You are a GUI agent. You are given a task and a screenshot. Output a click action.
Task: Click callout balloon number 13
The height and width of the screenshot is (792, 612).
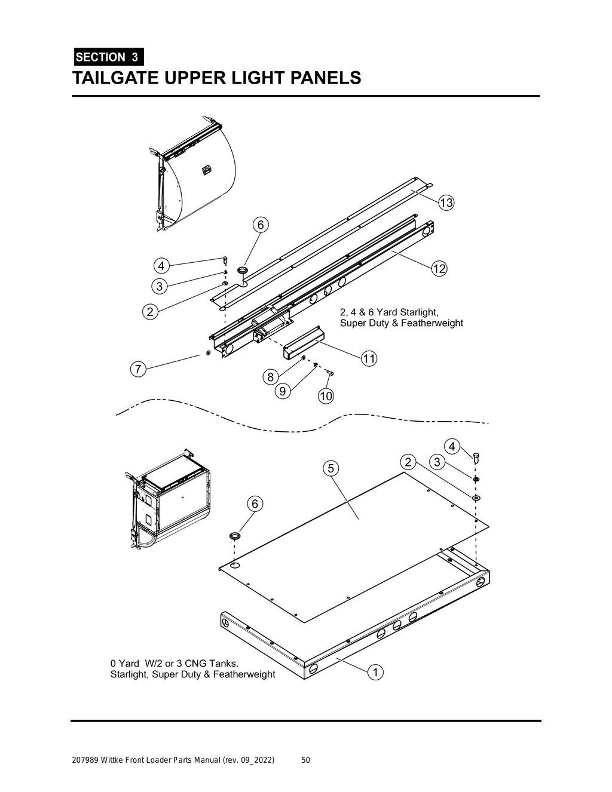tap(446, 203)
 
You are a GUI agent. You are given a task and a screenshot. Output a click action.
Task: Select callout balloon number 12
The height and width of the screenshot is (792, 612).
tap(439, 269)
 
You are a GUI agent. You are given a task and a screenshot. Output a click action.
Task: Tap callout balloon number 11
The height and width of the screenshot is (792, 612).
tap(369, 359)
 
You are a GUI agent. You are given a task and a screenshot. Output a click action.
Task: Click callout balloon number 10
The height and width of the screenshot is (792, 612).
tap(326, 395)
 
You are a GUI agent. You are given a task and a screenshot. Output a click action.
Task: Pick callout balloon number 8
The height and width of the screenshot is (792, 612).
tap(270, 377)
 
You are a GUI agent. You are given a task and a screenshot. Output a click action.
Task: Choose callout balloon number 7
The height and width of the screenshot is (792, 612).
tap(137, 370)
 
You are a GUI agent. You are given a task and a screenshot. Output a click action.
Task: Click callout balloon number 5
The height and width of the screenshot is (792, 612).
tap(331, 468)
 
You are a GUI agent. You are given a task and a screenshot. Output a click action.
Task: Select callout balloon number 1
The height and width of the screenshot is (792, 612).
tap(375, 672)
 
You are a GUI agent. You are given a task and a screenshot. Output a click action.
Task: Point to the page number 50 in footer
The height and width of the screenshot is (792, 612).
tap(305, 760)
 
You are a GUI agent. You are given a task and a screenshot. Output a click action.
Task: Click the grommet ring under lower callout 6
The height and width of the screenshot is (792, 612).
tap(235, 535)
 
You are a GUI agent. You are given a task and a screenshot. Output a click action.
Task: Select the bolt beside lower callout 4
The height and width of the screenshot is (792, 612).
tap(476, 458)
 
